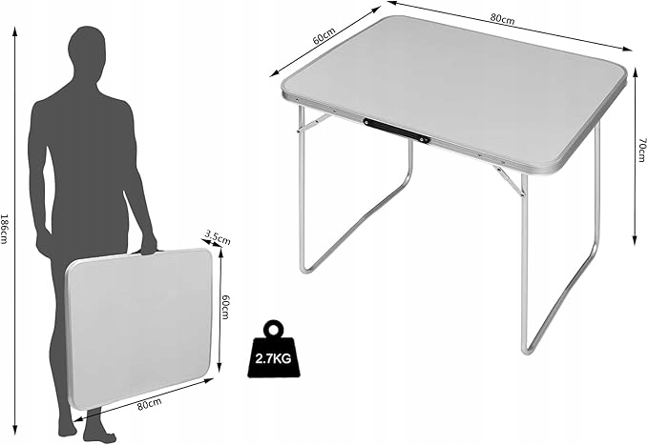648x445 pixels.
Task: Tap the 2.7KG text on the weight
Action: (273, 358)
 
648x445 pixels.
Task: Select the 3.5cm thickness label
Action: (218, 238)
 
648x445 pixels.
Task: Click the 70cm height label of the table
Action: (641, 150)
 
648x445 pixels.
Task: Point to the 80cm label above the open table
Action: (502, 19)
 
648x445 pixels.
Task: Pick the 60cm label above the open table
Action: (324, 35)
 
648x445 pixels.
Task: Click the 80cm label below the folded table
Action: (149, 404)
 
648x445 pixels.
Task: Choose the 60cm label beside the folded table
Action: (225, 307)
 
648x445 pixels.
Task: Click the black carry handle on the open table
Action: (396, 131)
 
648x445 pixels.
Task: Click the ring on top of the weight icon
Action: (273, 330)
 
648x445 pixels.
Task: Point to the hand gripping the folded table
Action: (148, 245)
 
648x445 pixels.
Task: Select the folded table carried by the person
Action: (139, 328)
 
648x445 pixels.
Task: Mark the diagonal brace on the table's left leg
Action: (313, 124)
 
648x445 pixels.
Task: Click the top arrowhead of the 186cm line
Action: (15, 30)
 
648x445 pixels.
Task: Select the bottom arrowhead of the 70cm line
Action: (636, 241)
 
